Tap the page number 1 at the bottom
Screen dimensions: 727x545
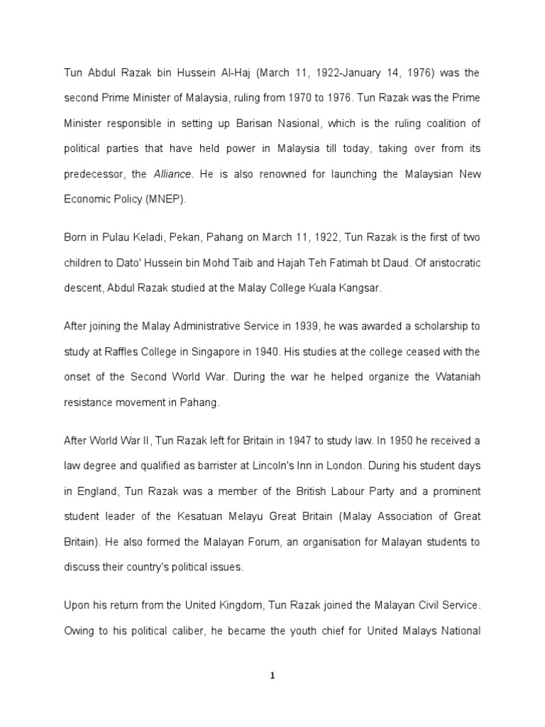272,676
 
